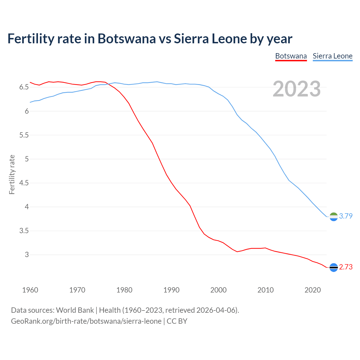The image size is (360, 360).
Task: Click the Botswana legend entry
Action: tap(291, 56)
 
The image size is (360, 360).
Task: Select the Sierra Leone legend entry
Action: tap(332, 56)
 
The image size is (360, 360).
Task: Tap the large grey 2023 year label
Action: tap(297, 89)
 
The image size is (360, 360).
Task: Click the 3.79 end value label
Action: tap(346, 216)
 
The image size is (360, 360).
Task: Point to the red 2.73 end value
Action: tap(346, 267)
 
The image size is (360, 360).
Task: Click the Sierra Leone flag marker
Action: tap(334, 217)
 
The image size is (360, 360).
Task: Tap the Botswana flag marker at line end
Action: tap(334, 267)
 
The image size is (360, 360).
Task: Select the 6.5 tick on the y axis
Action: tap(24, 87)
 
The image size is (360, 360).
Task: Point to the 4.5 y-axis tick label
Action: tap(24, 183)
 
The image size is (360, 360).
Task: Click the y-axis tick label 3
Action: tap(27, 255)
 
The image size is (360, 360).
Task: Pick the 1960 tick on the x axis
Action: tap(30, 290)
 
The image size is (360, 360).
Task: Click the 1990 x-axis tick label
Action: tap(171, 290)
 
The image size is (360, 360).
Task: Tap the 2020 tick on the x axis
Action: tap(312, 290)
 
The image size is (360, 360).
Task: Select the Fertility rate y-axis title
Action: tap(12, 174)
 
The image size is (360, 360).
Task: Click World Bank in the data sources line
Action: tap(75, 310)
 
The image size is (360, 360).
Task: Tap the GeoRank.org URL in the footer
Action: tap(86, 321)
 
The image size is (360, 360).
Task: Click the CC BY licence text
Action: tap(177, 321)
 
